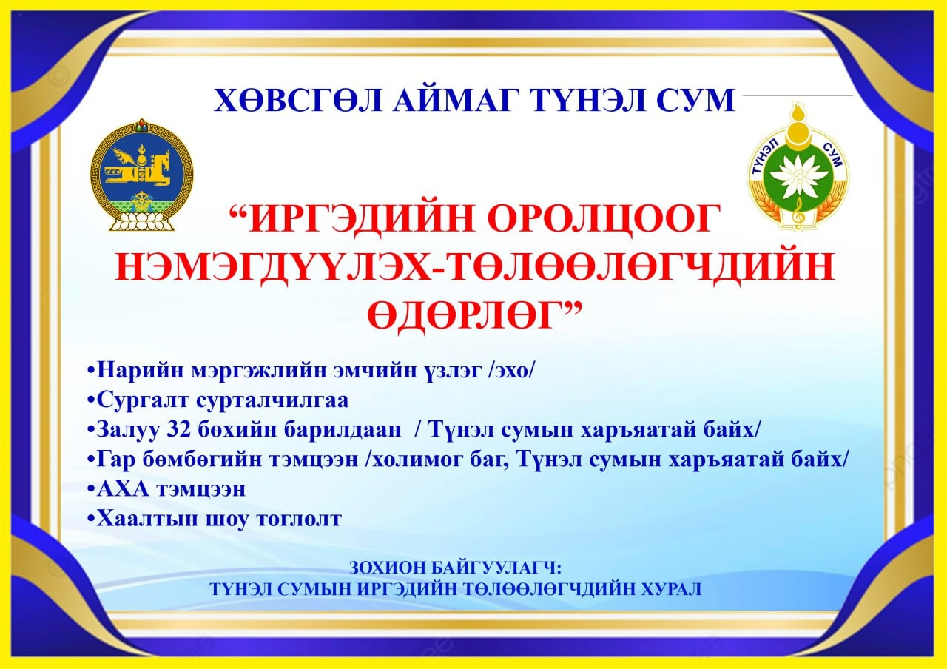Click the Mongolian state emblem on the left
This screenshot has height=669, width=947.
click(141, 175)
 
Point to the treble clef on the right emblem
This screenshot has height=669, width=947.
click(798, 215)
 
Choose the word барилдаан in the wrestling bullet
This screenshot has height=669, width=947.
click(342, 430)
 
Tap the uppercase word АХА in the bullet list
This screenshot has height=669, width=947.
click(123, 490)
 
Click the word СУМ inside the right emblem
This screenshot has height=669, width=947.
click(833, 155)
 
